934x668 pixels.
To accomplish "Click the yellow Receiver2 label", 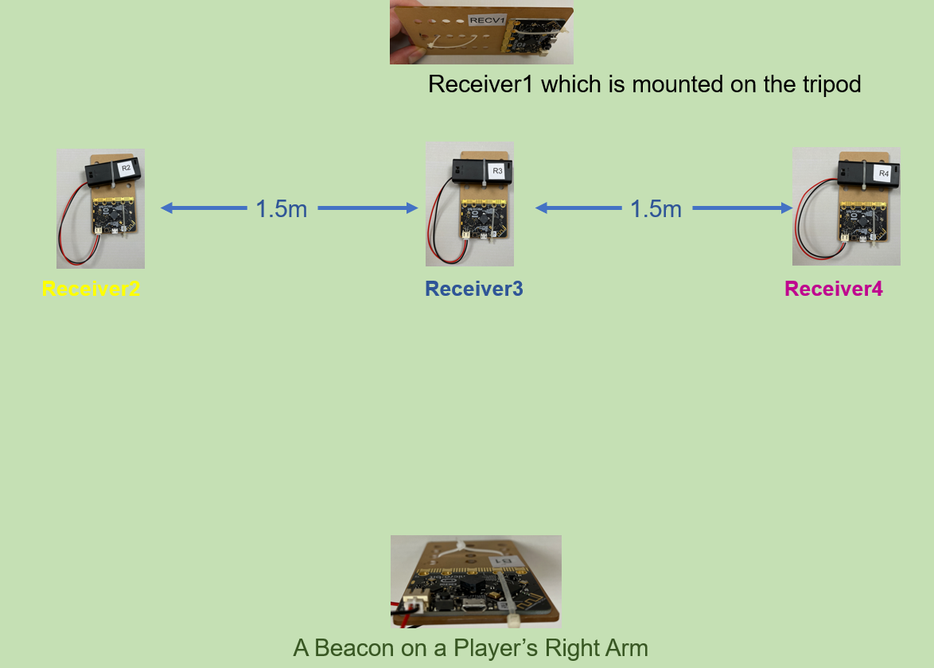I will pos(91,289).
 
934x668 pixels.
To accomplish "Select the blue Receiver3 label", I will pos(474,289).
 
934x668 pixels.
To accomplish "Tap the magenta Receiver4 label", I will pos(834,289).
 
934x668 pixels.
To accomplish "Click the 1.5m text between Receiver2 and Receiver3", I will pos(282,209).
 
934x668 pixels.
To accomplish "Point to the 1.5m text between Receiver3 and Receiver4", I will pos(656,209).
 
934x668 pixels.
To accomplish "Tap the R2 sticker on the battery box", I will pos(126,168).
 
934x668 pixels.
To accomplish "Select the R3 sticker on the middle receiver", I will pos(497,170).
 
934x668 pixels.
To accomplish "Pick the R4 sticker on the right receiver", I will pos(883,173).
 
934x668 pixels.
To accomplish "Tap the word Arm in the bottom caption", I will pos(625,648).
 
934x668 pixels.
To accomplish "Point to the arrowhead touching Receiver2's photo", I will pos(166,208).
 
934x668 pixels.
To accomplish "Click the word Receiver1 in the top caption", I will pos(482,84).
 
